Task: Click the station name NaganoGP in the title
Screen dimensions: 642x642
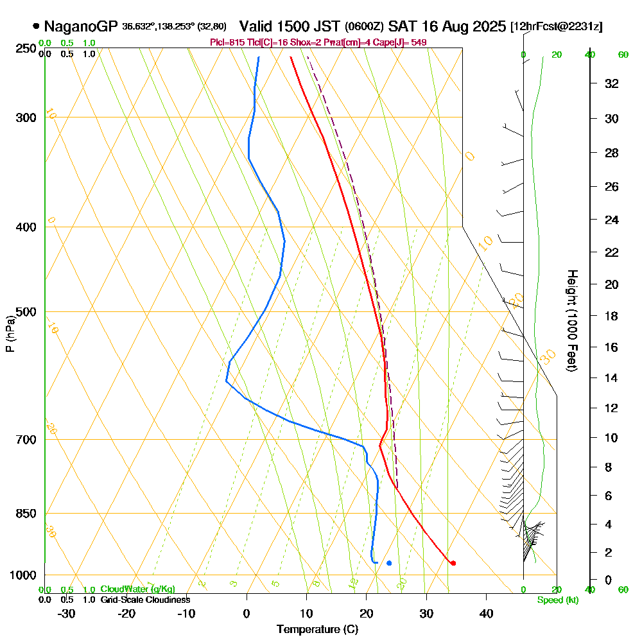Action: point(81,26)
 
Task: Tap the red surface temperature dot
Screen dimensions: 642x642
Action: point(453,563)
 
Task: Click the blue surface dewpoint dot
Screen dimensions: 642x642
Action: point(389,563)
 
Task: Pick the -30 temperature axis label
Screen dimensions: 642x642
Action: point(67,613)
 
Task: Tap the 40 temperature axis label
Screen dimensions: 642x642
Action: point(486,613)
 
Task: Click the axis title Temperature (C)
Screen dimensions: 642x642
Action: point(317,629)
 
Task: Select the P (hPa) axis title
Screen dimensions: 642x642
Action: point(10,334)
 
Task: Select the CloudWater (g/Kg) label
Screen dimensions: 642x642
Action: point(137,589)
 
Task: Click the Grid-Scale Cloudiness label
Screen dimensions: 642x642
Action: point(145,600)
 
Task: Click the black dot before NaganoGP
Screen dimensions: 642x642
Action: point(36,27)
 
